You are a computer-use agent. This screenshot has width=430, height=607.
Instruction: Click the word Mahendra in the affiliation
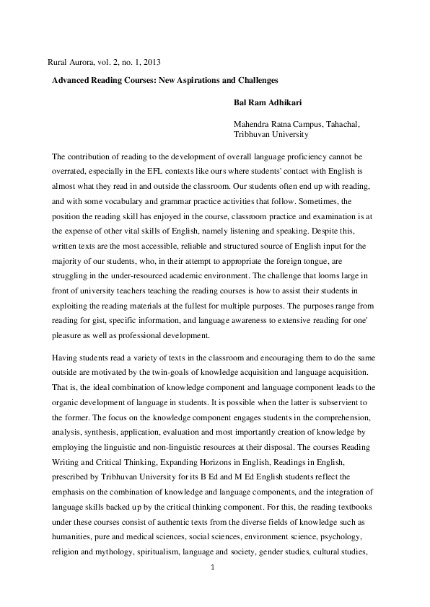(250, 124)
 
